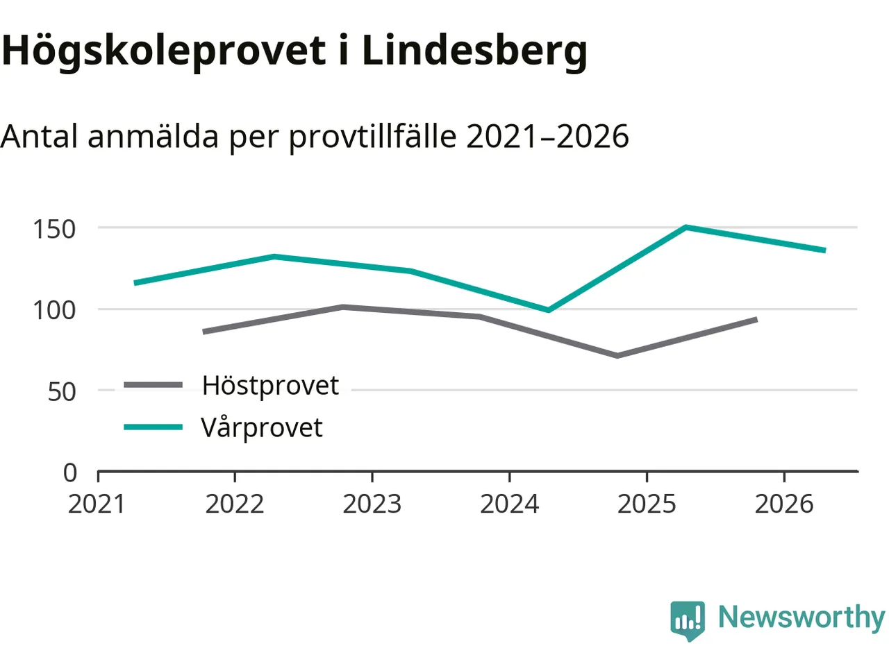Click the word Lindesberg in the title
click(474, 51)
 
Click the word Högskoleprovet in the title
click(164, 51)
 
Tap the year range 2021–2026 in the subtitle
click(547, 137)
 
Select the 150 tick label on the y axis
click(54, 228)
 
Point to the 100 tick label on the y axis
click(54, 309)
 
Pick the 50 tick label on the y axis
click(61, 391)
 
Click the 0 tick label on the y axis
click(69, 472)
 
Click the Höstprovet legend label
click(270, 385)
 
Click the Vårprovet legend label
click(262, 427)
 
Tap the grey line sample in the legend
click(153, 385)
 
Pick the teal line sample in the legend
click(153, 427)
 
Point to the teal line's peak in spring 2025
click(686, 227)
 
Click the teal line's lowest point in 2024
click(549, 310)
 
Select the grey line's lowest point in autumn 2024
click(617, 356)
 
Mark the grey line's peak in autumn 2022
click(342, 307)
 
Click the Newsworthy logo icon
click(687, 619)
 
